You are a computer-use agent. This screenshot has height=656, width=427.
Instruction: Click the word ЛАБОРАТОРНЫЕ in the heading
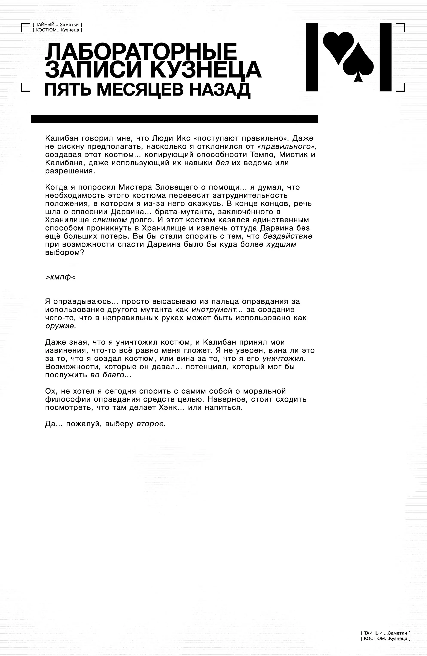[141, 52]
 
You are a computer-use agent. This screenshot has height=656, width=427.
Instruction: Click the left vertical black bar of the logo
[312, 57]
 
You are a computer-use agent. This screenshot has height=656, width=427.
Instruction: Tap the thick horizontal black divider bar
[174, 119]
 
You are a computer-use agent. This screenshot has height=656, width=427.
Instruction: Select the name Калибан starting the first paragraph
[61, 138]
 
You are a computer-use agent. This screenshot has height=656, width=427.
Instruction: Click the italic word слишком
[110, 220]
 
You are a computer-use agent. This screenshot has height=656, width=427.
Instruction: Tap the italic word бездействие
[287, 236]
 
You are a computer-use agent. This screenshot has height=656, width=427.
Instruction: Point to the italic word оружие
[60, 326]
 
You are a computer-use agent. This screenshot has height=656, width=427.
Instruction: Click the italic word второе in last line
[151, 424]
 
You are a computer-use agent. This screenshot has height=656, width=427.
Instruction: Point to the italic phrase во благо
[111, 375]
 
